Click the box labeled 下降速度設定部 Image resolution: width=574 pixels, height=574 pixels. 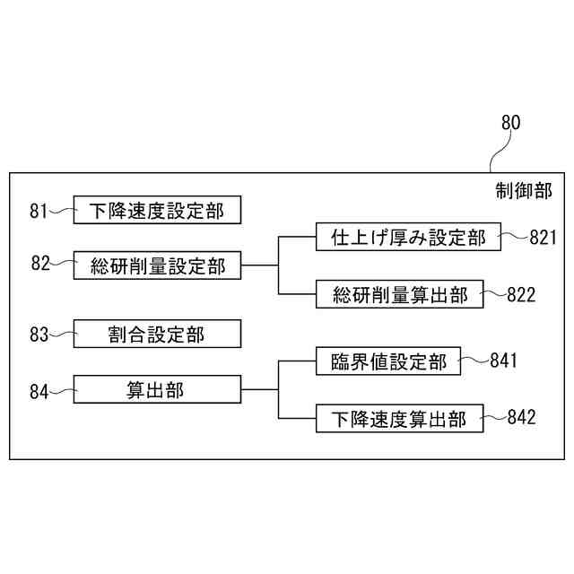pyautogui.click(x=157, y=211)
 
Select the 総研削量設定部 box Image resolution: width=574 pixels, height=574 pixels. pyautogui.click(x=157, y=265)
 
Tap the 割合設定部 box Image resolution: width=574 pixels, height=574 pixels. pyautogui.click(x=157, y=335)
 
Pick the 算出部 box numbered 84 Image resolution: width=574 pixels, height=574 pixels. pyautogui.click(x=157, y=389)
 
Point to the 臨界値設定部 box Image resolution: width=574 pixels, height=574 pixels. pyautogui.click(x=388, y=362)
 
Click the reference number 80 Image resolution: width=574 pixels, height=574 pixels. pyautogui.click(x=509, y=123)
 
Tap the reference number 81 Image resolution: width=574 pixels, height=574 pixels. pyautogui.click(x=39, y=212)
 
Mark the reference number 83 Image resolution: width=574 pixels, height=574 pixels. pyautogui.click(x=39, y=335)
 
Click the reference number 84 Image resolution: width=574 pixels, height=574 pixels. pyautogui.click(x=39, y=390)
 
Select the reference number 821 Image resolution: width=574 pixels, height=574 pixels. pyautogui.click(x=544, y=238)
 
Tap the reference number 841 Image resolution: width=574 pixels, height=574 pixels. pyautogui.click(x=504, y=361)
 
